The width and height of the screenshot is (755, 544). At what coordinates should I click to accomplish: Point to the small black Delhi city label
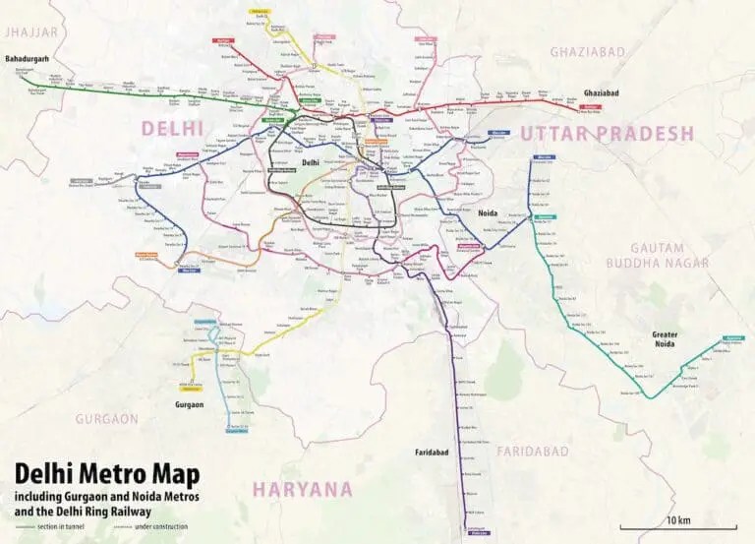tap(310, 162)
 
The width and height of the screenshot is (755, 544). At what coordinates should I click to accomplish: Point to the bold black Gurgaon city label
tap(190, 403)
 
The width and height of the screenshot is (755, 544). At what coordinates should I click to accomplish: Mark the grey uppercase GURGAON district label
tap(107, 418)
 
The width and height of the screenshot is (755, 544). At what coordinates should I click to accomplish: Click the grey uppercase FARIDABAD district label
tap(533, 451)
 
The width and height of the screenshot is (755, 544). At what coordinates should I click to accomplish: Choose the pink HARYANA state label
tap(302, 489)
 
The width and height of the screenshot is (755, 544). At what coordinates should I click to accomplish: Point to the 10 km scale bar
tap(678, 527)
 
